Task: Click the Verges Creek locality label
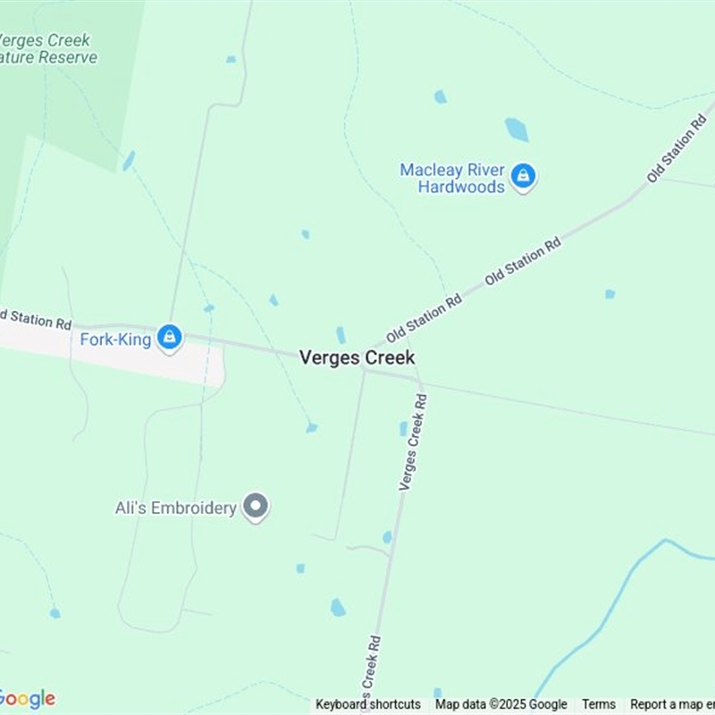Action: click(x=357, y=357)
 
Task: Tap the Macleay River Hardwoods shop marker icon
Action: click(x=524, y=176)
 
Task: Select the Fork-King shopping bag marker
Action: click(x=169, y=338)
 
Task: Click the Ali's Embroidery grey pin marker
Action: click(x=257, y=507)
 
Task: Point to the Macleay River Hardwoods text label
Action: click(x=452, y=179)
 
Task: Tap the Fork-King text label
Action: click(x=115, y=340)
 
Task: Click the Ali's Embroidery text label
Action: click(x=176, y=508)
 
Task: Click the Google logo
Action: click(x=27, y=698)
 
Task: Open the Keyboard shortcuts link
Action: click(x=367, y=704)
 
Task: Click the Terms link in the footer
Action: click(x=599, y=704)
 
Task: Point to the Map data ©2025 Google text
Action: click(x=501, y=704)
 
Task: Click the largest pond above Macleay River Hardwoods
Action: click(x=517, y=130)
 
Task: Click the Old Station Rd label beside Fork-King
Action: click(x=36, y=319)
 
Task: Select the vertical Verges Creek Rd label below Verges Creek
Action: click(x=413, y=442)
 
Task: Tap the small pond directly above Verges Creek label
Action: click(x=341, y=335)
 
